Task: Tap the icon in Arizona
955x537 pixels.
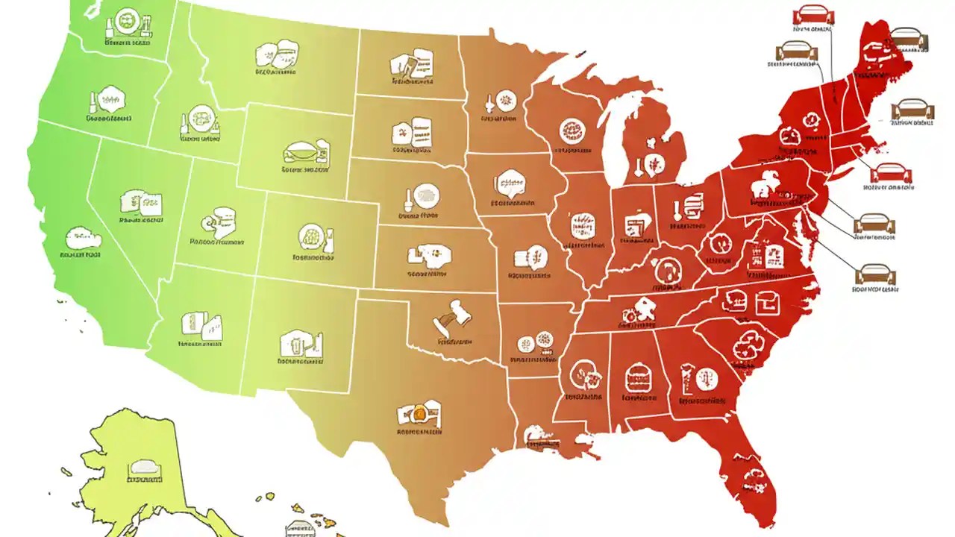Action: click(201, 324)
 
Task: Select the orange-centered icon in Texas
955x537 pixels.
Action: click(419, 411)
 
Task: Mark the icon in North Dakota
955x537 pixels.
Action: click(411, 63)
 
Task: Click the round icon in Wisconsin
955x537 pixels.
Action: click(570, 131)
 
